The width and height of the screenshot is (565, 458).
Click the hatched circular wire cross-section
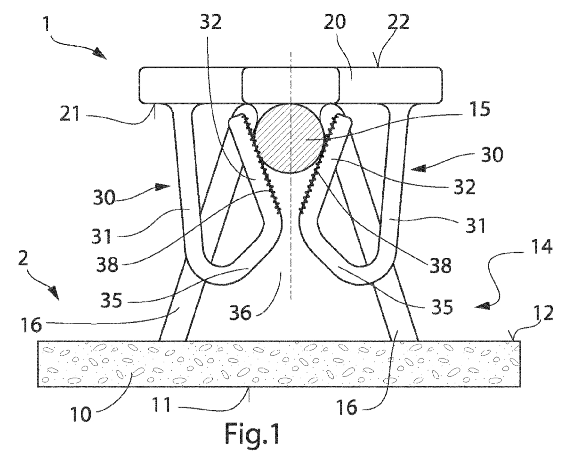tap(291, 139)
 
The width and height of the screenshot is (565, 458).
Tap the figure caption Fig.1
tap(252, 434)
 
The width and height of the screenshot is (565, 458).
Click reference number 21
tap(70, 113)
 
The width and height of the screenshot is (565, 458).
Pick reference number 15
tap(480, 109)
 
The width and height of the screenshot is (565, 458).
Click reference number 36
tap(240, 312)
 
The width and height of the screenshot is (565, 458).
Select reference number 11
tap(162, 405)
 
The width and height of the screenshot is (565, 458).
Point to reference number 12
tap(543, 313)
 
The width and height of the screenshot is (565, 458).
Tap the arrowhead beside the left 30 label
tap(162, 187)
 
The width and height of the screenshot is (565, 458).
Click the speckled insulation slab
tap(279, 364)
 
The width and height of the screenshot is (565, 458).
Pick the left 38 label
tap(107, 264)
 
